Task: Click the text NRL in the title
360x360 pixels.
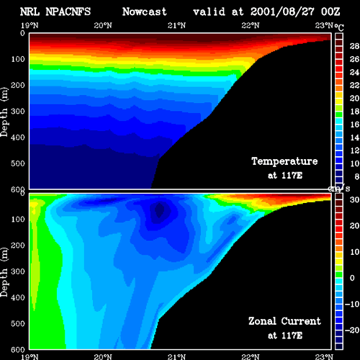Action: (30, 12)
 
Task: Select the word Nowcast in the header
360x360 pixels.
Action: (145, 12)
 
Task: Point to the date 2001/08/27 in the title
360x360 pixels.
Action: (282, 12)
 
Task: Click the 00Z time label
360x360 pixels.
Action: (330, 12)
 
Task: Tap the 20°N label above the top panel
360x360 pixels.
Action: (103, 25)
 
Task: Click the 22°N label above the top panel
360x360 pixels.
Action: (251, 25)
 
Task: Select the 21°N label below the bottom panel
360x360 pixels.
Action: (177, 357)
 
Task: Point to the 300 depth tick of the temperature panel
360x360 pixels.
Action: (18, 112)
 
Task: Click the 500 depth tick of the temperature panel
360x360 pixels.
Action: (18, 163)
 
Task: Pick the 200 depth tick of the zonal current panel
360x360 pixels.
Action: (18, 246)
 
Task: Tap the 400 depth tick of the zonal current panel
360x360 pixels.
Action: (18, 297)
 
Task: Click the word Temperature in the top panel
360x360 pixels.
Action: (284, 161)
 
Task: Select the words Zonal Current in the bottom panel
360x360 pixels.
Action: (284, 321)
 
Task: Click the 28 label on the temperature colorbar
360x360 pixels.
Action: (354, 46)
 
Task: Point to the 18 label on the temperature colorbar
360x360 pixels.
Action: (354, 112)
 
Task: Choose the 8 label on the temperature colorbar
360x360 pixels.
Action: (357, 176)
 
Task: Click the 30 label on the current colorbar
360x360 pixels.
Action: (354, 199)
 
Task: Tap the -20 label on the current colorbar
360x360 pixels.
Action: (352, 330)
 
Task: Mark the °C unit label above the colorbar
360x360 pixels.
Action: (339, 27)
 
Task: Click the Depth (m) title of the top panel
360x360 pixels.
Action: (4, 112)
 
